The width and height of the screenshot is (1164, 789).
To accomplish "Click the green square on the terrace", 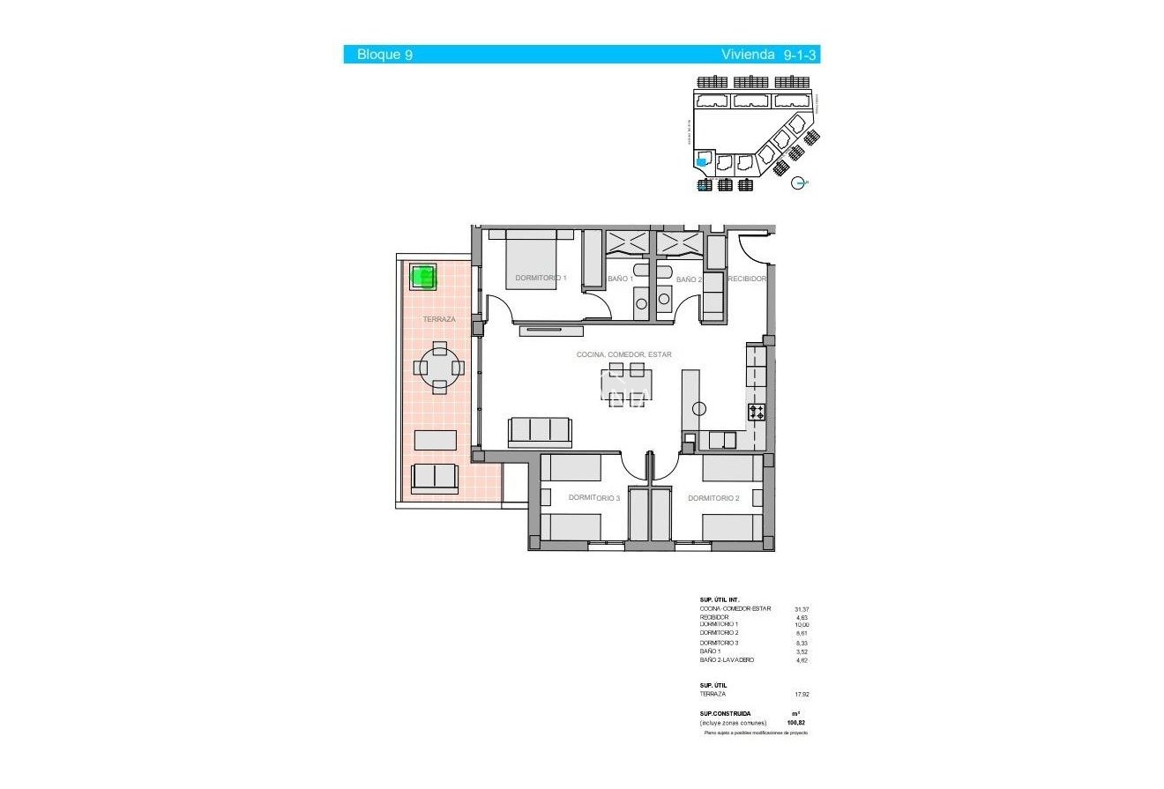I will coord(424,278).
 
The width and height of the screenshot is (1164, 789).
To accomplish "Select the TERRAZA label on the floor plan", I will coord(439,319).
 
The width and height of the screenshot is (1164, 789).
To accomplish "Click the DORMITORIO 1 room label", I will coord(541,278).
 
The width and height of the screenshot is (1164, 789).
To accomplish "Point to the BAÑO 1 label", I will coord(620,279).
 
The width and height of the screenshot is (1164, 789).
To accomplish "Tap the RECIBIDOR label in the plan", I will coord(745,279).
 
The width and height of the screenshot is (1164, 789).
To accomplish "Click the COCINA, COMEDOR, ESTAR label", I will coord(623,354).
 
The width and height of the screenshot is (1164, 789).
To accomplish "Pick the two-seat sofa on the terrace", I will coord(435,477).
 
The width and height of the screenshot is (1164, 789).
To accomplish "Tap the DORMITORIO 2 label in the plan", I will coord(713,498).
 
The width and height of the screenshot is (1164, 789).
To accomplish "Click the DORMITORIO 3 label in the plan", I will coord(594,498).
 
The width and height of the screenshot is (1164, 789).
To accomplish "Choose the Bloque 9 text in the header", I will coord(384,55).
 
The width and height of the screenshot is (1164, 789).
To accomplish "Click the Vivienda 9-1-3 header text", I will coord(769,55).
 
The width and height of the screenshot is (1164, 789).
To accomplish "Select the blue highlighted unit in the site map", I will coord(702,161).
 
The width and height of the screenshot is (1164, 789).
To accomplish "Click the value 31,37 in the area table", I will coord(801,608).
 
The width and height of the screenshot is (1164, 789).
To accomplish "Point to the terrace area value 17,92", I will coord(801,694).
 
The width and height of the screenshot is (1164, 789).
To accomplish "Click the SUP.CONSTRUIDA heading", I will coord(725,713).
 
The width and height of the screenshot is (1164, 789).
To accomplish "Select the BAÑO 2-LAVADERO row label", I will coord(727,660).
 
